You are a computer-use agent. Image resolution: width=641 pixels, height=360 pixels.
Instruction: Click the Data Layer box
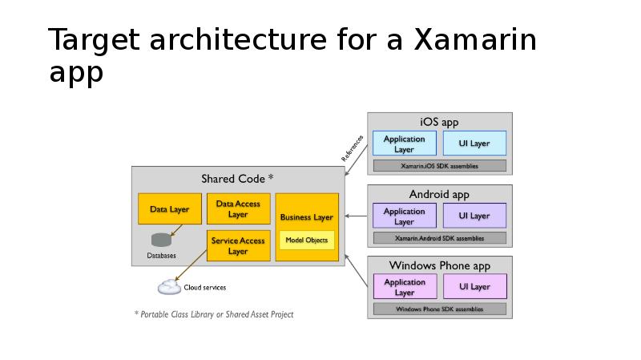point(169,209)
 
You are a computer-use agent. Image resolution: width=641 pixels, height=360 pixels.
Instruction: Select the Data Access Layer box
point(238,209)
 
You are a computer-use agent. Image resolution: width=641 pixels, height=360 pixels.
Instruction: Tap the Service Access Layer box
point(238,245)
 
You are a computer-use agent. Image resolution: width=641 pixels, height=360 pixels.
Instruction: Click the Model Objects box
point(306,240)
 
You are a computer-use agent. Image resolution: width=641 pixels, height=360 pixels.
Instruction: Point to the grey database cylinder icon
point(161,241)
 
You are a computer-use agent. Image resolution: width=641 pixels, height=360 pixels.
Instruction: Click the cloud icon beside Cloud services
point(169,287)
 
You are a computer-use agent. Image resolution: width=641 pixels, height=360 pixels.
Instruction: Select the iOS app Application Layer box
point(404,144)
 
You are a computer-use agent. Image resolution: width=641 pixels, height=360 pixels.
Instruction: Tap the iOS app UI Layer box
point(474,144)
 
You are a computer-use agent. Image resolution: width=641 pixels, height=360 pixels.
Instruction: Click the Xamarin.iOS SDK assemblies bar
point(439,166)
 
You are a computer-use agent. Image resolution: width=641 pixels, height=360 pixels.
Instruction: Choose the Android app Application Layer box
point(404,216)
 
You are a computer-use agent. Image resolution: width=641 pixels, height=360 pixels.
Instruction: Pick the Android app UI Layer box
point(474,216)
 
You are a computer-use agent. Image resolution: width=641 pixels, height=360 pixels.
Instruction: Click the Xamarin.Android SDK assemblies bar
point(439,238)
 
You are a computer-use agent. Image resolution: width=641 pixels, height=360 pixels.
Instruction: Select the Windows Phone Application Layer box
point(404,286)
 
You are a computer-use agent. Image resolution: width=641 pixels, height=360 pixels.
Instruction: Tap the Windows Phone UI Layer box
point(474,286)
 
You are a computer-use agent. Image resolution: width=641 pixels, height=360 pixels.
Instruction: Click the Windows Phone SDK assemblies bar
point(439,309)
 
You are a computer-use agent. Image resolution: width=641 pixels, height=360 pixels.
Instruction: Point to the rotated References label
point(353,148)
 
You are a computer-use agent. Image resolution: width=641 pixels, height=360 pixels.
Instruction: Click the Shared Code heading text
point(237,178)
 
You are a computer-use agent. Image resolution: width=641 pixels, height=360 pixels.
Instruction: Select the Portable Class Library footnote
point(213,314)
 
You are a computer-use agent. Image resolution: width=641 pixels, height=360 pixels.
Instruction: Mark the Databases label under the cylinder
point(161,256)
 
